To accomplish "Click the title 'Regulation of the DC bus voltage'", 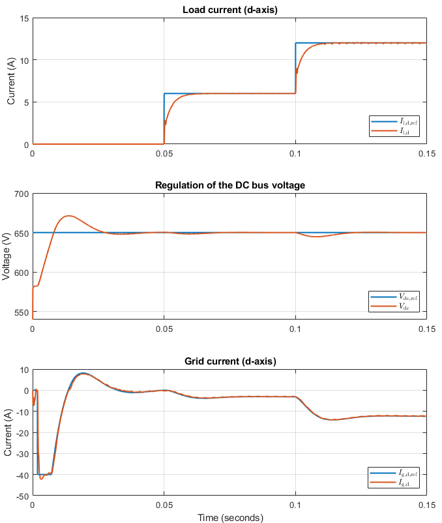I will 229,185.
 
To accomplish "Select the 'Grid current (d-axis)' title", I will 229,361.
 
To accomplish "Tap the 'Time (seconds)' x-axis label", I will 229,518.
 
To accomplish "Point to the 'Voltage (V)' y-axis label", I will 7,256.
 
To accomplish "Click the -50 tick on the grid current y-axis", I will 21,496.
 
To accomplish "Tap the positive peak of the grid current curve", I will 82,374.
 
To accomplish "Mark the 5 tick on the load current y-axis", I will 25,102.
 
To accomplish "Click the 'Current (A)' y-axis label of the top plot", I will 10,82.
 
